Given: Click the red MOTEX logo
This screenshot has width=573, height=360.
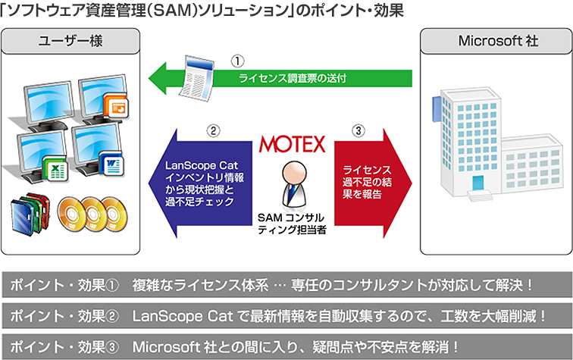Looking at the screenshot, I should click(292, 143).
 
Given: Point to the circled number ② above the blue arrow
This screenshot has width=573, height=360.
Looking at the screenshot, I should click(214, 131).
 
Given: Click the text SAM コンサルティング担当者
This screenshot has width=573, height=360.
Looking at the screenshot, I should click(292, 224).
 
